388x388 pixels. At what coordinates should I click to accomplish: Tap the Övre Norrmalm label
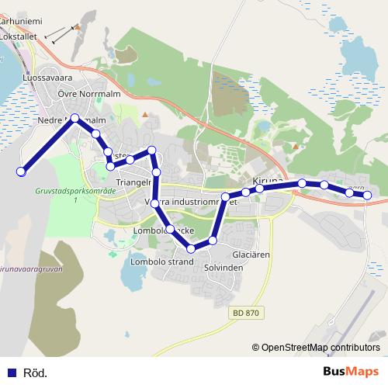[87, 94]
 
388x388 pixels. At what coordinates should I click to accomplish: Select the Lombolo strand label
[161, 262]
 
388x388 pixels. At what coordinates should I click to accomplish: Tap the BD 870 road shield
[248, 313]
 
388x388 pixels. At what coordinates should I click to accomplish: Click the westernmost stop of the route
[22, 171]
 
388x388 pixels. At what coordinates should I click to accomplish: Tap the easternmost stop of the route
[368, 195]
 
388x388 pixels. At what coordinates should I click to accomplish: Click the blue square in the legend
[12, 372]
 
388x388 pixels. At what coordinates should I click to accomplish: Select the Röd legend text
[35, 372]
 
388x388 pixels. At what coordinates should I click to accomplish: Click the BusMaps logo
[351, 372]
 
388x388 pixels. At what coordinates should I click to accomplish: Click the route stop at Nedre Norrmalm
[75, 118]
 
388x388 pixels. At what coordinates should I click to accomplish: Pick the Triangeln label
[132, 182]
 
